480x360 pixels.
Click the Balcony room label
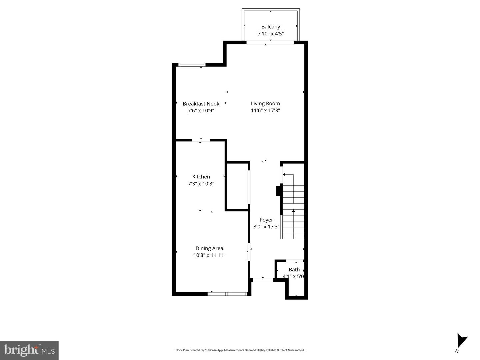270,27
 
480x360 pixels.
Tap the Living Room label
265,103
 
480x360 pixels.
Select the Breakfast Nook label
201,104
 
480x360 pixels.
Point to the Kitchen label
201,177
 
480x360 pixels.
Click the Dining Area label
209,248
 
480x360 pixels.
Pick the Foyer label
266,220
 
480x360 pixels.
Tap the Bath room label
294,269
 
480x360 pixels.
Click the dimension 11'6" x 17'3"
265,110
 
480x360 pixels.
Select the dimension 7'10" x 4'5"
270,34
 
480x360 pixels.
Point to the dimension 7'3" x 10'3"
201,184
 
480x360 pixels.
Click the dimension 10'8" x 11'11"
209,255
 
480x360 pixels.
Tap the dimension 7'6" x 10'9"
201,111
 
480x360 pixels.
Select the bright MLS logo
29,350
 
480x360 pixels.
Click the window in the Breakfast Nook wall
192,65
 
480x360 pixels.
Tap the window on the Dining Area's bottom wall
227,294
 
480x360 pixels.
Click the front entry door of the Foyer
263,280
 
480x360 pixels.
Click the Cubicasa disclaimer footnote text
240,350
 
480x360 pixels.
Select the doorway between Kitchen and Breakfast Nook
201,140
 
